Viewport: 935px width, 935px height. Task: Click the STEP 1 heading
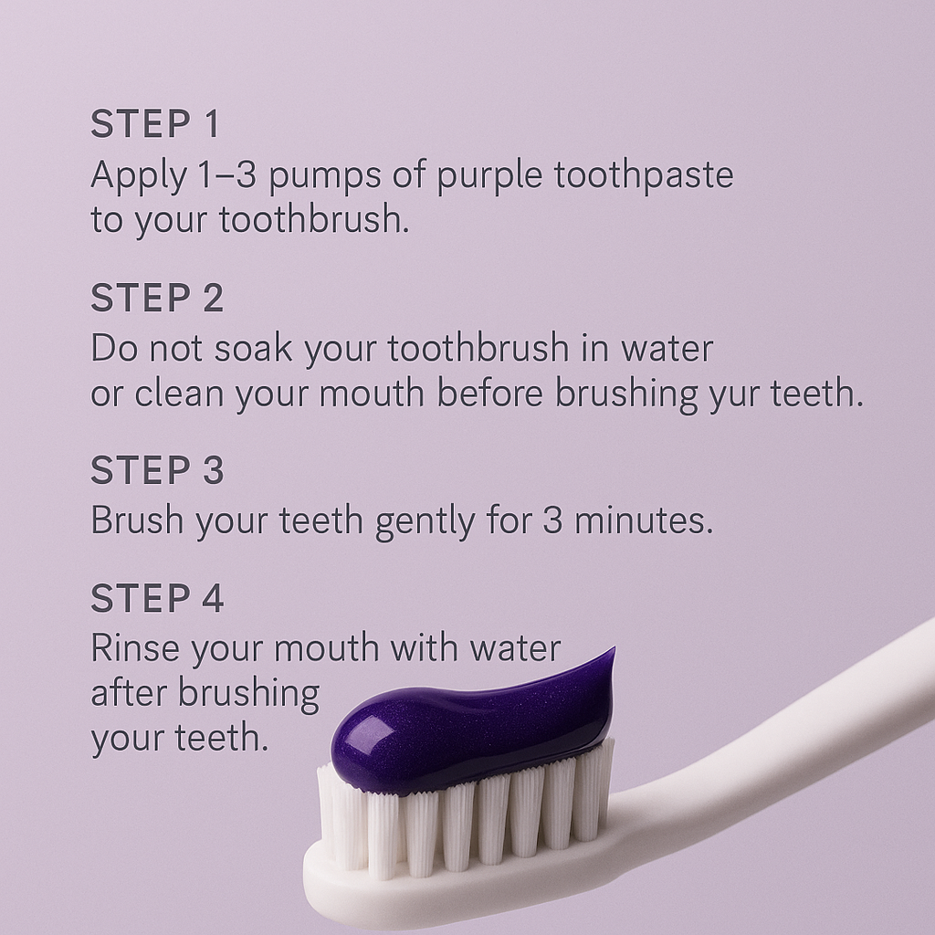155,125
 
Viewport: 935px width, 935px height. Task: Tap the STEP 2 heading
157,299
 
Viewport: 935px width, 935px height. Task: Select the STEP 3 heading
157,470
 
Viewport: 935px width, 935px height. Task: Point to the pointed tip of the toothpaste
610,654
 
